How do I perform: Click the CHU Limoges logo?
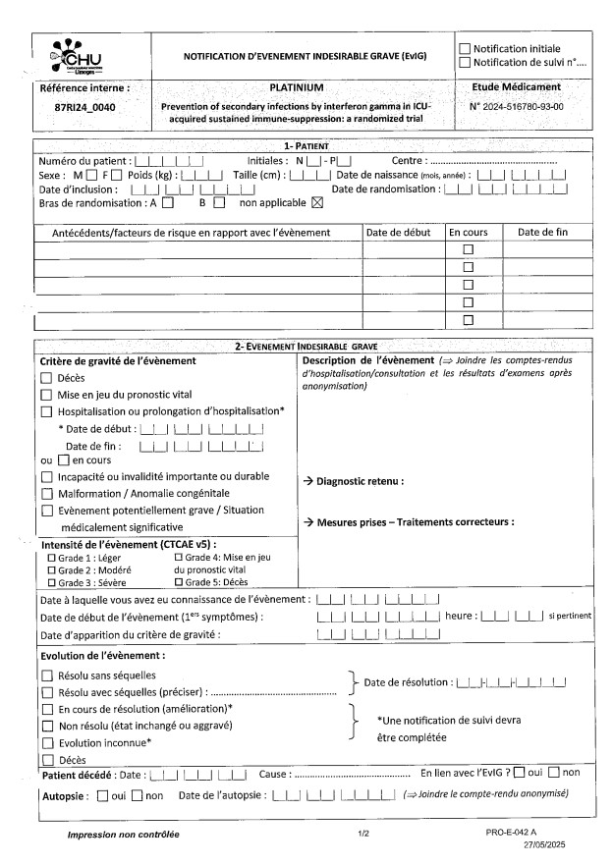click(78, 57)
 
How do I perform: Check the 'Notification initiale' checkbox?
click(465, 48)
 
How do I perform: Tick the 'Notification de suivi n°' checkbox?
click(465, 63)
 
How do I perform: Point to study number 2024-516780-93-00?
click(516, 106)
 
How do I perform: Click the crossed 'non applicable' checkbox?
click(316, 204)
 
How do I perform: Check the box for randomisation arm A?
click(168, 204)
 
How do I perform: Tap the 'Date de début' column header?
click(397, 233)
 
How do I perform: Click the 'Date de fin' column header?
click(543, 233)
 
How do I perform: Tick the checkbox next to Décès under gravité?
click(46, 378)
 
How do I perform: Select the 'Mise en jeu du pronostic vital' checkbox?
click(46, 395)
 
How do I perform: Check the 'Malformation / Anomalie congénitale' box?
click(46, 493)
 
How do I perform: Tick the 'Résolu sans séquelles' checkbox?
click(46, 676)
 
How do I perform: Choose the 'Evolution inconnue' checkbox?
click(46, 742)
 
